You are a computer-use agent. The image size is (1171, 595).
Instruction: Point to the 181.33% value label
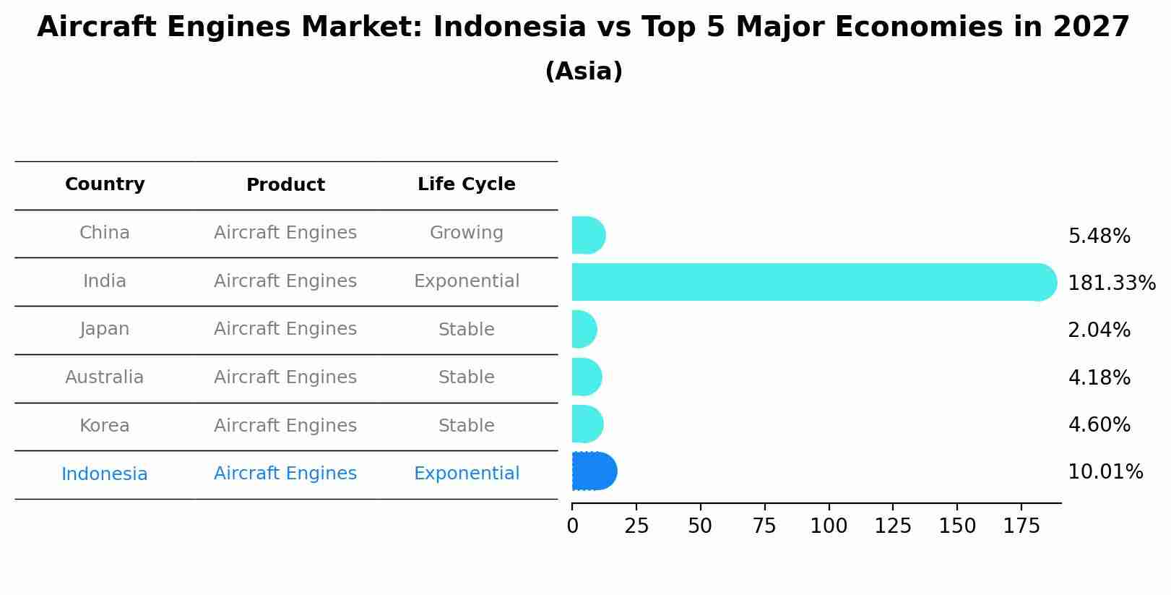tap(1111, 283)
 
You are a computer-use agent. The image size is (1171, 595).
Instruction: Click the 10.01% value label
tap(1105, 473)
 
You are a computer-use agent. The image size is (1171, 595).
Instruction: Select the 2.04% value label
tap(1099, 330)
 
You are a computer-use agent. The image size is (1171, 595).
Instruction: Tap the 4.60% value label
tap(1099, 425)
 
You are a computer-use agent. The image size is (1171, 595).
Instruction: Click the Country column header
tap(105, 185)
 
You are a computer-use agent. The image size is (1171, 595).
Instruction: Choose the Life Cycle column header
tap(466, 185)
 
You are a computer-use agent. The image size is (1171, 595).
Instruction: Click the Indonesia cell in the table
tap(105, 474)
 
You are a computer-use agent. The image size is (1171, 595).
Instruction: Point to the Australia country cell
tap(105, 377)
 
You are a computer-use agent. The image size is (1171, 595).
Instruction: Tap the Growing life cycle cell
tap(466, 234)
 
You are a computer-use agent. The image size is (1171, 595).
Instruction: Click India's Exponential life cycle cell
tap(466, 281)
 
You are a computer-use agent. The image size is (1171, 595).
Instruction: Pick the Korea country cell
tap(105, 426)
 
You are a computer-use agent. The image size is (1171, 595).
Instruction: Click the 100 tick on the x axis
tap(829, 526)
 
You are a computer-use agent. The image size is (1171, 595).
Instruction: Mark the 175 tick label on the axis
tap(1021, 526)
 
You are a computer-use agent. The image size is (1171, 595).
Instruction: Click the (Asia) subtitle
tap(584, 72)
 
